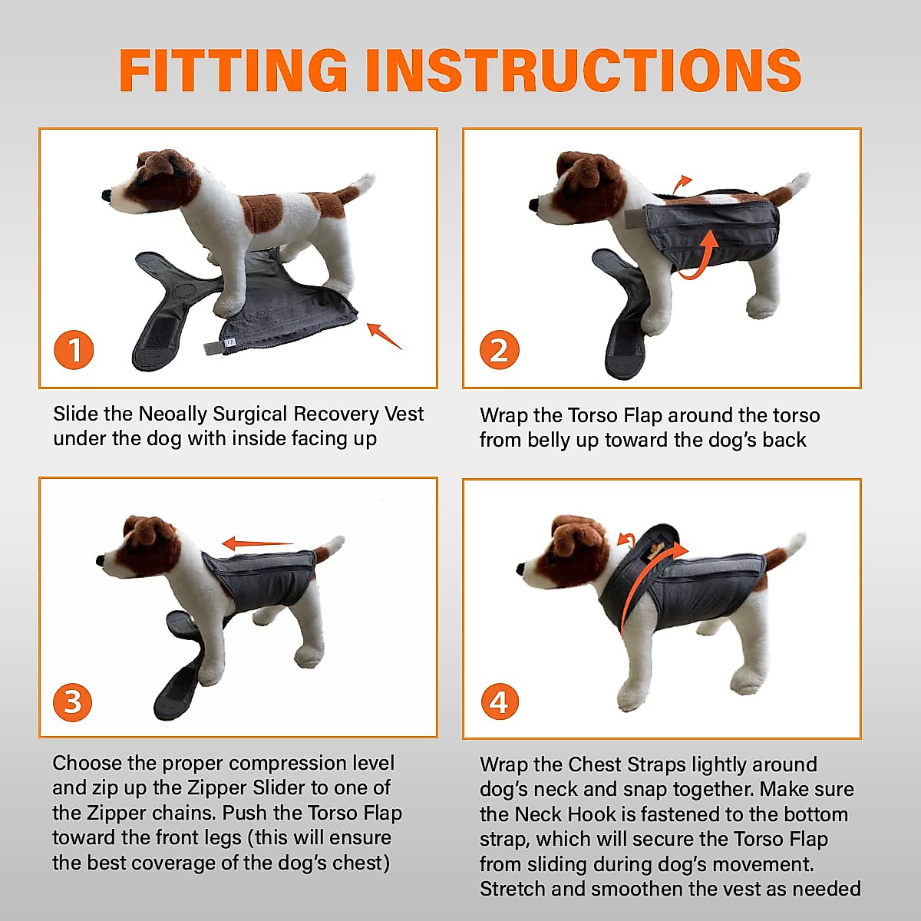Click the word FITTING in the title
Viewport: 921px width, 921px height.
point(233,71)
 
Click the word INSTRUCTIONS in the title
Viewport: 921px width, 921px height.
point(583,71)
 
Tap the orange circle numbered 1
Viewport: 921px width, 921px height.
point(74,350)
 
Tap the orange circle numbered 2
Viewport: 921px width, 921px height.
point(499,350)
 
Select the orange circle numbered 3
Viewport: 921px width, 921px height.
point(73,701)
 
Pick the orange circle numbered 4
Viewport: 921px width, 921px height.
point(499,701)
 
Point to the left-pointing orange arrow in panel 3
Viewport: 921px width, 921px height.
point(256,544)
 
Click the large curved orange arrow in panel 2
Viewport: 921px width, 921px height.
point(702,257)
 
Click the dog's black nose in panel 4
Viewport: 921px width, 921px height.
point(521,569)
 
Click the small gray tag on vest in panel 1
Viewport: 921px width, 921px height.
point(212,346)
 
